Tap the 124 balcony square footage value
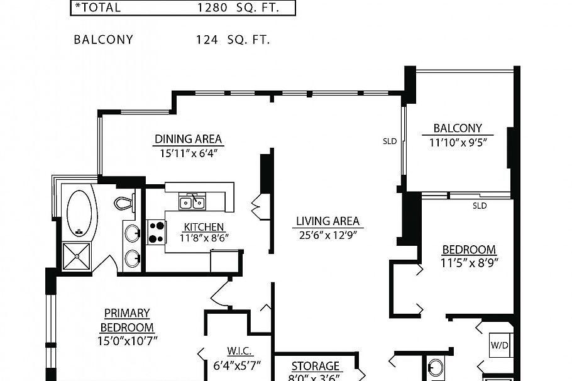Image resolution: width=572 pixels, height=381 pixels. click(207, 40)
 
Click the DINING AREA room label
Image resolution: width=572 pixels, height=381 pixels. click(188, 140)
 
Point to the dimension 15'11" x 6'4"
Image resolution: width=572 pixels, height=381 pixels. click(188, 152)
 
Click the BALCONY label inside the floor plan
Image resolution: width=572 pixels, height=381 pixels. click(458, 128)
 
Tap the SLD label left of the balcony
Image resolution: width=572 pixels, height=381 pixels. click(390, 141)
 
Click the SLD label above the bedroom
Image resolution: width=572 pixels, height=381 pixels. click(480, 205)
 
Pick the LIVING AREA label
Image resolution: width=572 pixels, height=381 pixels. click(327, 221)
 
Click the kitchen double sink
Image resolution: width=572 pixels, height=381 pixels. click(192, 202)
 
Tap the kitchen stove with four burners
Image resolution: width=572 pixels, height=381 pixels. click(156, 232)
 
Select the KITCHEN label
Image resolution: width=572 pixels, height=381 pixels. click(203, 227)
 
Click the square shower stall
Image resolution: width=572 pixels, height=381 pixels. click(77, 257)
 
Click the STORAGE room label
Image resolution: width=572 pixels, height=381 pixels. click(316, 367)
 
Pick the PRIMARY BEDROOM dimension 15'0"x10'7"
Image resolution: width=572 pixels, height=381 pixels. click(127, 340)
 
